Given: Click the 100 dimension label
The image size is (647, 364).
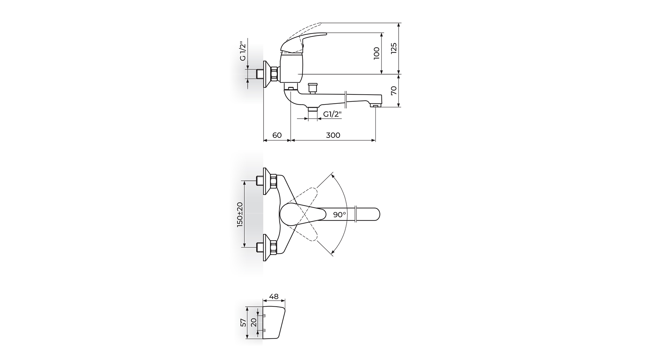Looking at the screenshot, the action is coord(377,53).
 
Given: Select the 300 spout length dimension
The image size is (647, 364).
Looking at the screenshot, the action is coord(333,135).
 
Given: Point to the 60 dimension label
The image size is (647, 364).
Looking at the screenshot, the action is coord(277,135).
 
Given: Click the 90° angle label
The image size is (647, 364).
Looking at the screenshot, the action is coord(340,214).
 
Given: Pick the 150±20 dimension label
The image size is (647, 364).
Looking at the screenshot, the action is coord(240,214).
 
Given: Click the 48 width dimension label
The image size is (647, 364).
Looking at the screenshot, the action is coord(274,297).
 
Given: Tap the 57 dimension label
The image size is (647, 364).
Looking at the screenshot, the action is coord(243,323).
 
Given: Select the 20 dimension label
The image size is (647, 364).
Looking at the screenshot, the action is coord(254,323).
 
